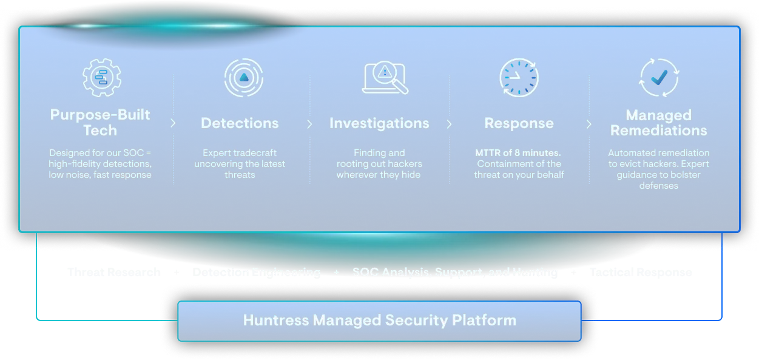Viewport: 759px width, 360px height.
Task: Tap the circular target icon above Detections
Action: pyautogui.click(x=243, y=77)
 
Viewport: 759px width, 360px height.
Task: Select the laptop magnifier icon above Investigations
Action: pyautogui.click(x=384, y=78)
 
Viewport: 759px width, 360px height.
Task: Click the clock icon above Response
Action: pyautogui.click(x=519, y=77)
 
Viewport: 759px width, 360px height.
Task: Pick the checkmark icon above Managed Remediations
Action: pyautogui.click(x=659, y=77)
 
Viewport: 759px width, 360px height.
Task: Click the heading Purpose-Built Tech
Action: pyautogui.click(x=100, y=123)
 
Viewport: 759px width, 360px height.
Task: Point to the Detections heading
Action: pyautogui.click(x=240, y=123)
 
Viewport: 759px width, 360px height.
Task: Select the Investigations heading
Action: pyautogui.click(x=379, y=123)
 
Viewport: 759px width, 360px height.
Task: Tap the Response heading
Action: pyautogui.click(x=519, y=123)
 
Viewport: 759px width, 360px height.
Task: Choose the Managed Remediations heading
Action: pyautogui.click(x=658, y=123)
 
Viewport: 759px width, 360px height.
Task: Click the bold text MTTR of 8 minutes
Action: pyautogui.click(x=518, y=153)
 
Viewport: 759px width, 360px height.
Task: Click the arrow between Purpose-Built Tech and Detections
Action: pyautogui.click(x=173, y=123)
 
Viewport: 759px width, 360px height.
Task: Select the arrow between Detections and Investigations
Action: pyautogui.click(x=309, y=124)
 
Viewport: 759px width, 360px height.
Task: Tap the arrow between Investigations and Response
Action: pyautogui.click(x=449, y=124)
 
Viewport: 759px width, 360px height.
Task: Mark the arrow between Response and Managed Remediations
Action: pyautogui.click(x=589, y=124)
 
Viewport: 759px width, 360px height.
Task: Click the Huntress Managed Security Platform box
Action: pyautogui.click(x=379, y=321)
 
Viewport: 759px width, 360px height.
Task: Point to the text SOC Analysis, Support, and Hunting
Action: pyautogui.click(x=454, y=273)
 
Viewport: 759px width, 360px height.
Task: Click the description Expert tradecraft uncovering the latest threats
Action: pyautogui.click(x=240, y=164)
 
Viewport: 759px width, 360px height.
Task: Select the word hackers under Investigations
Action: pyautogui.click(x=404, y=164)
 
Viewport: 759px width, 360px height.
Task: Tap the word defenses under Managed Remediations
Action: pyautogui.click(x=658, y=186)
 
